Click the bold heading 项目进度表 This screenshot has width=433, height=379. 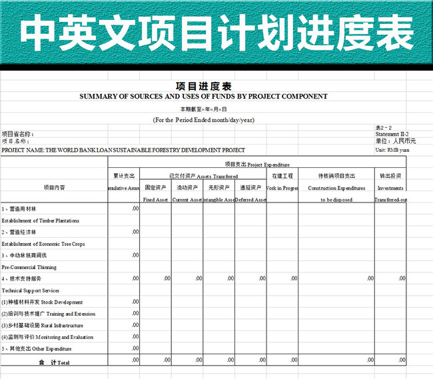(203, 86)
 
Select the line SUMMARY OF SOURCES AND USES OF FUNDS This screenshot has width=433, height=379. (203, 97)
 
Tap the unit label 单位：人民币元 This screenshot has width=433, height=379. (395, 141)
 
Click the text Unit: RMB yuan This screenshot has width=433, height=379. (390, 150)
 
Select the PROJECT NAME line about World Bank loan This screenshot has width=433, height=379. (123, 150)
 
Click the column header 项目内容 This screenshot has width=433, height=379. (54, 188)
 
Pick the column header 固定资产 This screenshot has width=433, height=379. (155, 188)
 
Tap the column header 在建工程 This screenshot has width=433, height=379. (282, 176)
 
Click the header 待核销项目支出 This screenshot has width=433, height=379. (336, 176)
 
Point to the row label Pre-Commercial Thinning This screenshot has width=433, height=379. (29, 266)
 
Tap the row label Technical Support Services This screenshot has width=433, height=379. (31, 290)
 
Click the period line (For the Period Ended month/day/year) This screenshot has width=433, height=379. (203, 120)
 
